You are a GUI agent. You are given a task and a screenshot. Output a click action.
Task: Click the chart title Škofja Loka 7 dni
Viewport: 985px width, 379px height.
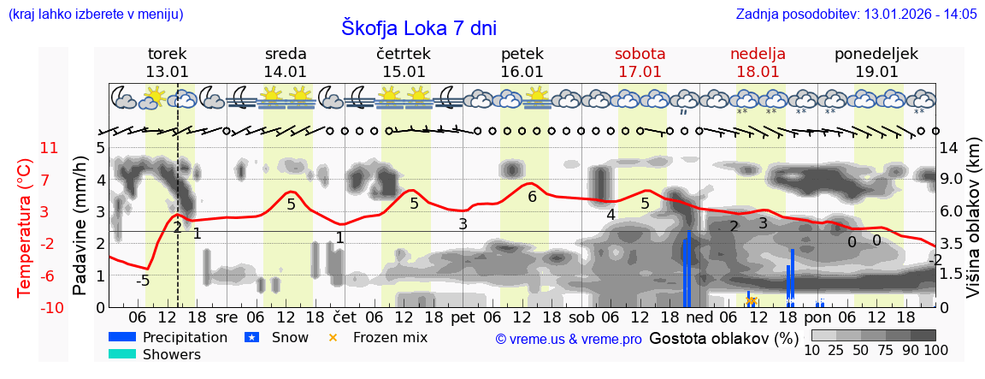coord(419,27)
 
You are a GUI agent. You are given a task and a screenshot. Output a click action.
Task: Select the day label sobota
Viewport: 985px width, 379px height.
coord(640,53)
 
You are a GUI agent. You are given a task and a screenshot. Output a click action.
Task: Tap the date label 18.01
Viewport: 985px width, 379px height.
coord(758,72)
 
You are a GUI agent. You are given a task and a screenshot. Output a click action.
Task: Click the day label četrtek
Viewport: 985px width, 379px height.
coord(404,53)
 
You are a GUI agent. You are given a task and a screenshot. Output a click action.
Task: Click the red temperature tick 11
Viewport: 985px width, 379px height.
coord(49,148)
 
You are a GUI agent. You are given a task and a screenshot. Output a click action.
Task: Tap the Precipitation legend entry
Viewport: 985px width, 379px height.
coord(185,337)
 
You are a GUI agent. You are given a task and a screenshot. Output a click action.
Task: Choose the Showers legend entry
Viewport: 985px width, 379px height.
coord(171,354)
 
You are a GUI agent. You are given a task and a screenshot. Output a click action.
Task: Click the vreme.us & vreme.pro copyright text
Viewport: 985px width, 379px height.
coord(569,339)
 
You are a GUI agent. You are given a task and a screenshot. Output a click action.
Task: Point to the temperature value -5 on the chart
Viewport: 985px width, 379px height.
coord(144,281)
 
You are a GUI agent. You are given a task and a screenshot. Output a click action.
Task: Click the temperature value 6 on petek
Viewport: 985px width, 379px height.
coord(532,197)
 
